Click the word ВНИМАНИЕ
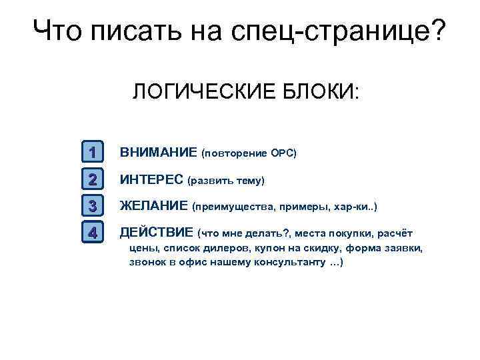click(x=158, y=153)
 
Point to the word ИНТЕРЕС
click(x=152, y=179)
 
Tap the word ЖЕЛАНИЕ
click(x=153, y=206)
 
